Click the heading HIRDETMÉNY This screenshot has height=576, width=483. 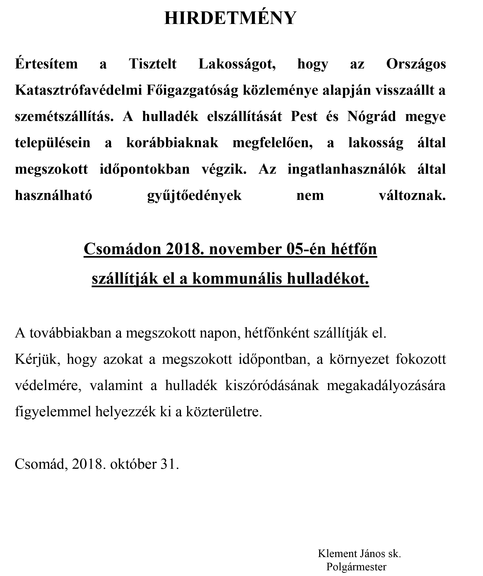point(230,18)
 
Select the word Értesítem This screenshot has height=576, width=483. point(46,64)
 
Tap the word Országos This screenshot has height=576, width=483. point(416,64)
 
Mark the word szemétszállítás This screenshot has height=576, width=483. point(64,117)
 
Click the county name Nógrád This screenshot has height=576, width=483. point(371,117)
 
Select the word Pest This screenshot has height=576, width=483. point(304,117)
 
